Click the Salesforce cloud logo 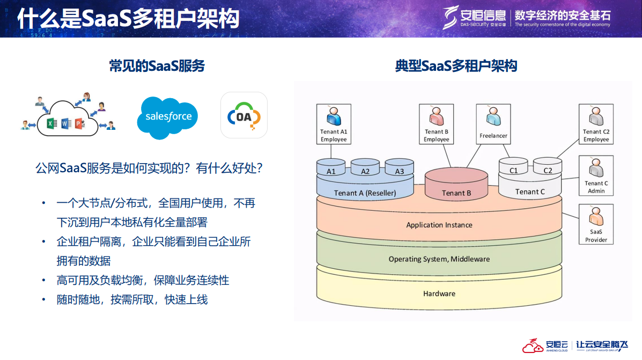168,116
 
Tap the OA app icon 243,115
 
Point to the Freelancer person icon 493,117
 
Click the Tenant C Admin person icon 596,168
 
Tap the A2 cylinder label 365,172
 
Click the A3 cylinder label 400,172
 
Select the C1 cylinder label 514,171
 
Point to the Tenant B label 456,193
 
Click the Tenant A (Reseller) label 365,193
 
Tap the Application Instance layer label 439,225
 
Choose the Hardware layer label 439,293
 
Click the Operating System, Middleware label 439,259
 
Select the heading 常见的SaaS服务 157,66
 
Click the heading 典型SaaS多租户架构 456,66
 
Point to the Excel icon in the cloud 51,124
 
